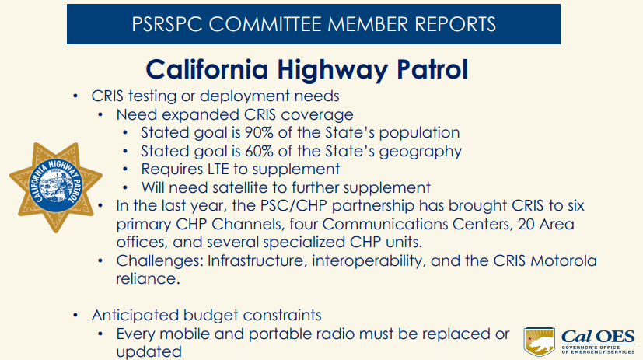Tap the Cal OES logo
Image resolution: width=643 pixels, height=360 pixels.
[580, 339]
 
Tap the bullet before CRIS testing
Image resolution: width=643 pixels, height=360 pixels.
[75, 97]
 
